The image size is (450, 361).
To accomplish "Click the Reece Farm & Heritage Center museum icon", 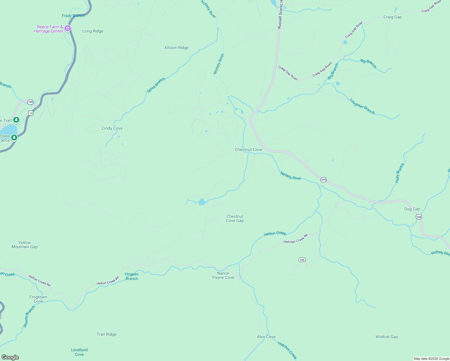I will (x=68, y=29).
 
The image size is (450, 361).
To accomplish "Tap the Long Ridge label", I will (x=93, y=31).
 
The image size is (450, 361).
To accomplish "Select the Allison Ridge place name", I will (x=176, y=48).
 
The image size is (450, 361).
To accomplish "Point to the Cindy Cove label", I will (x=112, y=128).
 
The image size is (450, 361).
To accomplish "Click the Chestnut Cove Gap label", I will (x=235, y=218).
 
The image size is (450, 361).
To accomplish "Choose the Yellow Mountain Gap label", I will (x=24, y=245).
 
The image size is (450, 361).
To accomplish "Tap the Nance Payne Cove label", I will (x=223, y=275).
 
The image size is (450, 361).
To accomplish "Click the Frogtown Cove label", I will (x=38, y=299).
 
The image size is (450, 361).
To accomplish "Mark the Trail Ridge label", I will (x=106, y=334).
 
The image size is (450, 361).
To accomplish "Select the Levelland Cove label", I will (x=79, y=352).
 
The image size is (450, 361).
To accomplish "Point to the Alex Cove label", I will (x=266, y=337).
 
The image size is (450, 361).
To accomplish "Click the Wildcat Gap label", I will (x=387, y=337).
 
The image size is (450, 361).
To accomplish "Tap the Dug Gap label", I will (x=412, y=209).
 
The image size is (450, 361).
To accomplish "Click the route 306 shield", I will (x=302, y=260).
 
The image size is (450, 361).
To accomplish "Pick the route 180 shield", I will (x=30, y=102).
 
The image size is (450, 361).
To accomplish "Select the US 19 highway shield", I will (x=30, y=113).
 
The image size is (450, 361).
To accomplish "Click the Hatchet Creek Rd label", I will (x=296, y=239).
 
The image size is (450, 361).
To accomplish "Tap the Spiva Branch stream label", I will (x=156, y=85).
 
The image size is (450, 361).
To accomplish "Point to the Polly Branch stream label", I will (x=400, y=173).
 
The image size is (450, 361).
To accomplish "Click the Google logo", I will (x=10, y=357).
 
